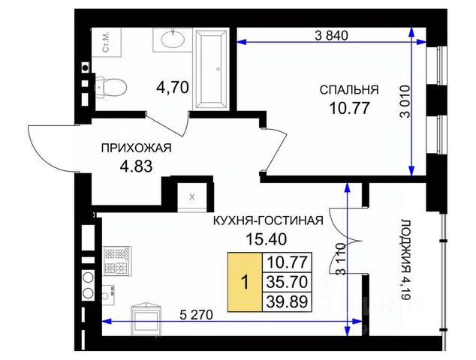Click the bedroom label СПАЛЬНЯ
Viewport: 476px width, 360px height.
[349, 90]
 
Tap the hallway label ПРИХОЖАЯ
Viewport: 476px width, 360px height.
[137, 148]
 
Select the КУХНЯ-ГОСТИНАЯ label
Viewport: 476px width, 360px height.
[268, 220]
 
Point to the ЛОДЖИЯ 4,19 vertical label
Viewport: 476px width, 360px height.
[406, 259]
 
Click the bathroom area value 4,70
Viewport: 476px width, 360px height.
[173, 88]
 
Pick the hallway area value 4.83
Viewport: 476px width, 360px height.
[136, 166]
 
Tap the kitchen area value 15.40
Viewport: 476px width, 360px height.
[266, 239]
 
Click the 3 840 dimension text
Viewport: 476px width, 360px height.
[331, 36]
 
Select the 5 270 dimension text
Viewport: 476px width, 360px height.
[196, 315]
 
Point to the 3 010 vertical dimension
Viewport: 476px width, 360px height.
[405, 101]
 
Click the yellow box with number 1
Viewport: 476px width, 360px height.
[245, 283]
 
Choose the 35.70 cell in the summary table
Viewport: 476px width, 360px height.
[288, 282]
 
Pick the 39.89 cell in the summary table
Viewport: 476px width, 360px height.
[288, 302]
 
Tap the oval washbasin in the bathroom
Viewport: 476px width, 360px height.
[173, 40]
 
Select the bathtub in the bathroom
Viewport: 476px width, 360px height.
[211, 69]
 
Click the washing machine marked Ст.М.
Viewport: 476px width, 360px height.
[107, 43]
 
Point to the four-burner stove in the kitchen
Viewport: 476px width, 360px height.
[118, 261]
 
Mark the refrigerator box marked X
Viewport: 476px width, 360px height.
[192, 197]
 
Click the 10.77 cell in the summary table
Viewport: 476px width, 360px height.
[288, 262]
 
